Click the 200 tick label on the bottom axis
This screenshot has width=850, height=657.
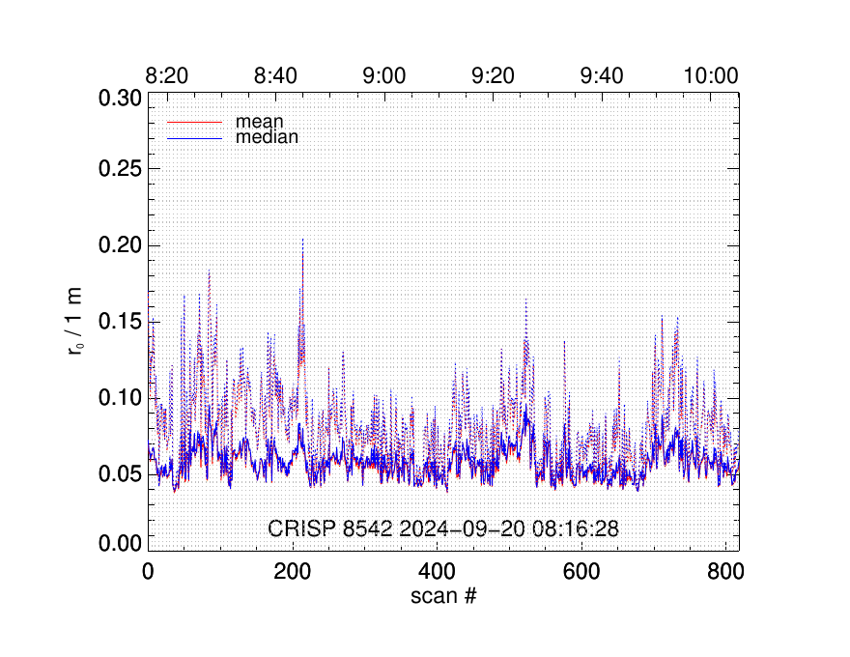292,570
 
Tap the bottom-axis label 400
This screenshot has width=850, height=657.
436,570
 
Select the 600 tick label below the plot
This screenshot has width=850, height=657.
581,570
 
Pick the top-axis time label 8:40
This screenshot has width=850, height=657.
277,75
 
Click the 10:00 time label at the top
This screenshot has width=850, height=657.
711,75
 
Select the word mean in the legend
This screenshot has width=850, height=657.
252,123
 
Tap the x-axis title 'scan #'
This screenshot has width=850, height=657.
443,595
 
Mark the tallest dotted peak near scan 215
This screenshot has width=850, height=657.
303,240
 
